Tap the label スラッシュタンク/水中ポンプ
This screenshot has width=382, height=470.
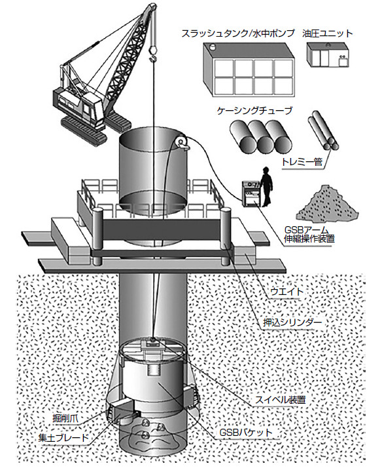click(x=238, y=33)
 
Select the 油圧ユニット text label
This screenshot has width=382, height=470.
click(x=328, y=33)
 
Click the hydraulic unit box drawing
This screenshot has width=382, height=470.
click(x=328, y=54)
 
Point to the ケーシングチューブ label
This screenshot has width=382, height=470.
click(x=254, y=111)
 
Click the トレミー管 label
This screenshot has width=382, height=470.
click(x=302, y=162)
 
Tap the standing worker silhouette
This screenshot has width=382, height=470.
click(x=266, y=186)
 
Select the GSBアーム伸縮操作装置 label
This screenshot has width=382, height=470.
click(x=309, y=235)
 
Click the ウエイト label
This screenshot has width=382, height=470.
click(x=287, y=292)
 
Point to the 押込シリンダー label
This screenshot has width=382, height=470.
click(x=292, y=323)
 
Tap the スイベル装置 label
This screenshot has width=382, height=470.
click(x=281, y=400)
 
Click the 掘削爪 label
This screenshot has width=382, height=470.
click(x=65, y=418)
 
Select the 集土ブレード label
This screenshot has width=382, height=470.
click(x=63, y=438)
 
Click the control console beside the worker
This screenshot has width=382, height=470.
click(x=251, y=193)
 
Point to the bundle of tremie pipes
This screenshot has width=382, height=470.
click(x=324, y=130)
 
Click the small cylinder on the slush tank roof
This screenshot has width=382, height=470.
click(x=213, y=47)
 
